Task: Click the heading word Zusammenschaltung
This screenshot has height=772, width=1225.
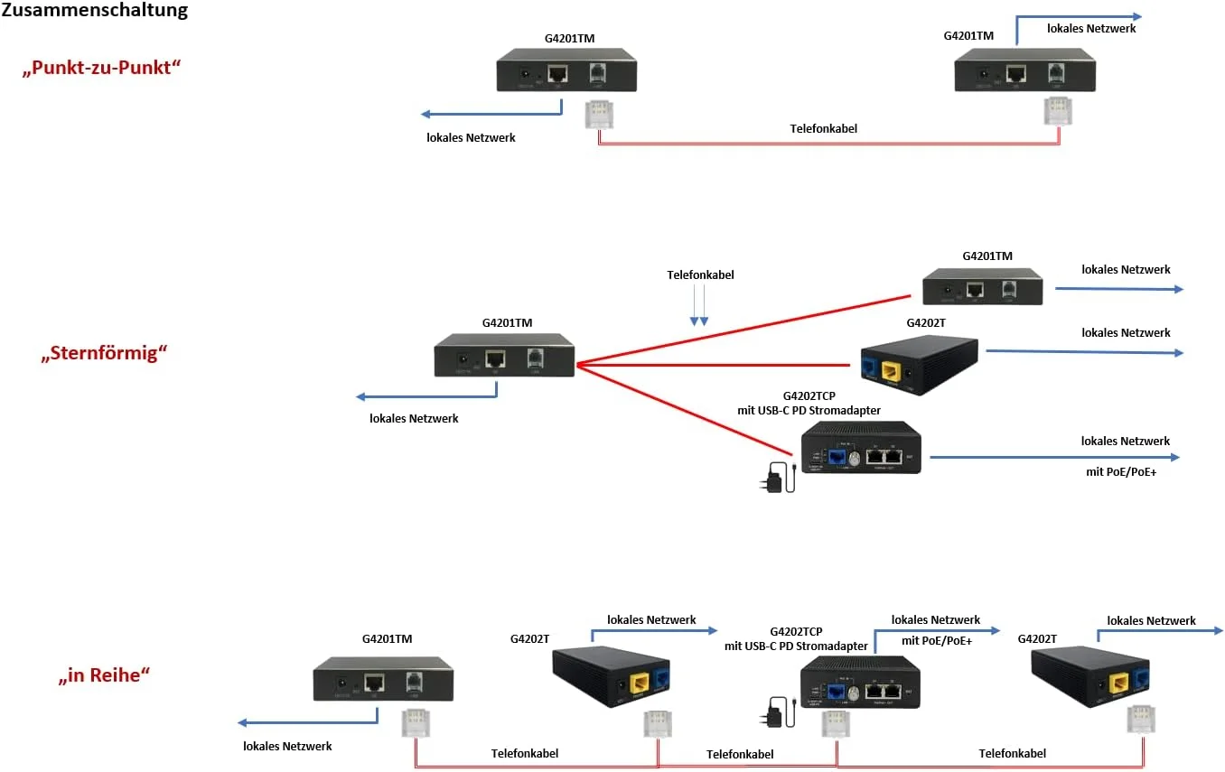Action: [95, 11]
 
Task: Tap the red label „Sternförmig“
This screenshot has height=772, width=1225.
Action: [105, 353]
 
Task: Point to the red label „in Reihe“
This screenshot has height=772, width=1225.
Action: [104, 674]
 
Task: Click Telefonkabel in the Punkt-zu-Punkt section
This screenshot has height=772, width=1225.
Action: [824, 128]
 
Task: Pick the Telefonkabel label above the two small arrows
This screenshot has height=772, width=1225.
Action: [700, 274]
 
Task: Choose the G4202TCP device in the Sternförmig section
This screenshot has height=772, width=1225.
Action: [861, 448]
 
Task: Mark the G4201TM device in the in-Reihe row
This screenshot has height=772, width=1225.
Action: [383, 679]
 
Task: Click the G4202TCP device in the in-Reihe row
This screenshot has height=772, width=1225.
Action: [860, 682]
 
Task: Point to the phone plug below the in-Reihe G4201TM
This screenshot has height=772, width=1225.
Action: [416, 723]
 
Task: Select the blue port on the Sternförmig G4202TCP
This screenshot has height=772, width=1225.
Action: [837, 458]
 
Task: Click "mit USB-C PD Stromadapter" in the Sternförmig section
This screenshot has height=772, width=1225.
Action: [809, 411]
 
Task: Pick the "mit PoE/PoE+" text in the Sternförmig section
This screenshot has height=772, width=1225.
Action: [1121, 470]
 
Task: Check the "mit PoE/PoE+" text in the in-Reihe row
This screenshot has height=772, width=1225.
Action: [937, 640]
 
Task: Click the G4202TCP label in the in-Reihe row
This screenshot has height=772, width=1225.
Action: [796, 631]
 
